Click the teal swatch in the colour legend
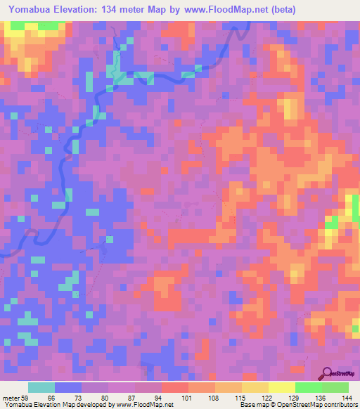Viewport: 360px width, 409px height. pyautogui.click(x=41, y=387)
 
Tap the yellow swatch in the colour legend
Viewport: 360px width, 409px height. pyautogui.click(x=281, y=387)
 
